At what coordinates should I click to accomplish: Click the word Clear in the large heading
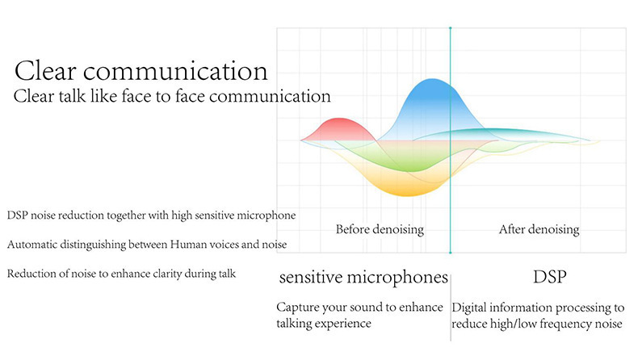(45, 71)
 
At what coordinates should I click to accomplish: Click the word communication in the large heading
(175, 71)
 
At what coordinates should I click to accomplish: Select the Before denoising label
(380, 229)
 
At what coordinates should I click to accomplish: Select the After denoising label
(539, 229)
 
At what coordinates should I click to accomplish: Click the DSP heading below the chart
(550, 277)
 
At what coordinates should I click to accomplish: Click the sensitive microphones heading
(363, 278)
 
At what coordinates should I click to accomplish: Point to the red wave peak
(339, 119)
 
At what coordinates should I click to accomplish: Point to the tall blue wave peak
(432, 80)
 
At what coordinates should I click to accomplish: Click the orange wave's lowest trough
(408, 195)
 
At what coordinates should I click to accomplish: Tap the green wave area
(407, 161)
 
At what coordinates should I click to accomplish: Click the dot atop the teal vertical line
(451, 28)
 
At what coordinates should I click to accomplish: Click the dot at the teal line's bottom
(451, 253)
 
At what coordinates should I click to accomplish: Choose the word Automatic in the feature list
(32, 245)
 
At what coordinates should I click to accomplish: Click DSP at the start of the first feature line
(17, 216)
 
